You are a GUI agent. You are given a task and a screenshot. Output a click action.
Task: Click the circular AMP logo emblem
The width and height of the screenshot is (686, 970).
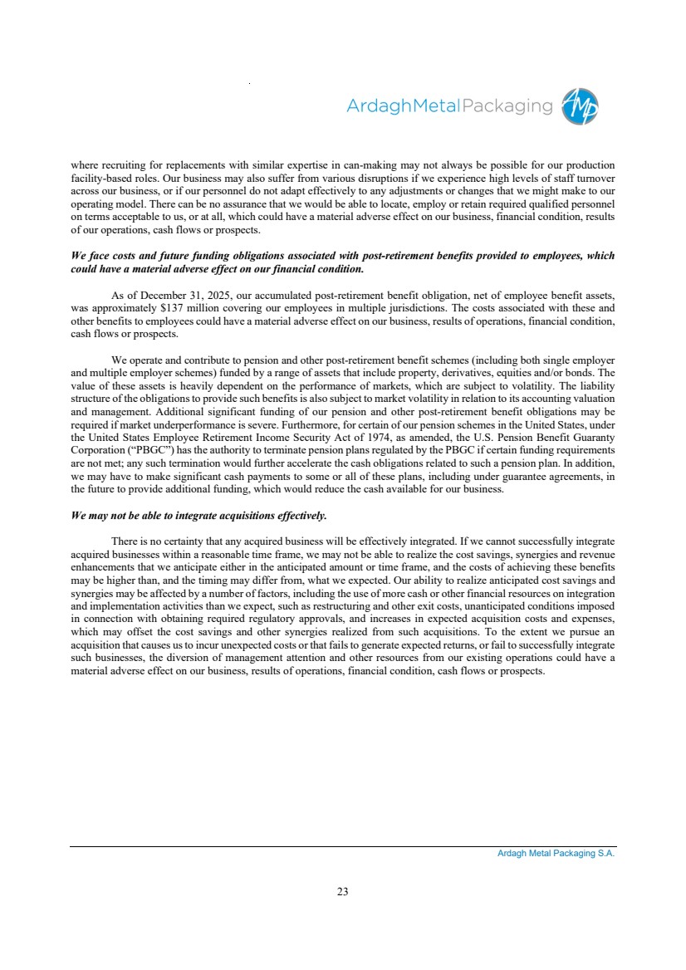pos(581,107)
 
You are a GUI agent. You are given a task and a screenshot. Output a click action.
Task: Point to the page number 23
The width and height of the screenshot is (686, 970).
pos(343,892)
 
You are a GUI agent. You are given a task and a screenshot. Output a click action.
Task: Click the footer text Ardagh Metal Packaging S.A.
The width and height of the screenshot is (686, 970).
pos(550,854)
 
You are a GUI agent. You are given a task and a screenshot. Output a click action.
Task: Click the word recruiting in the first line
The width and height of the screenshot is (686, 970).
pos(128,164)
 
